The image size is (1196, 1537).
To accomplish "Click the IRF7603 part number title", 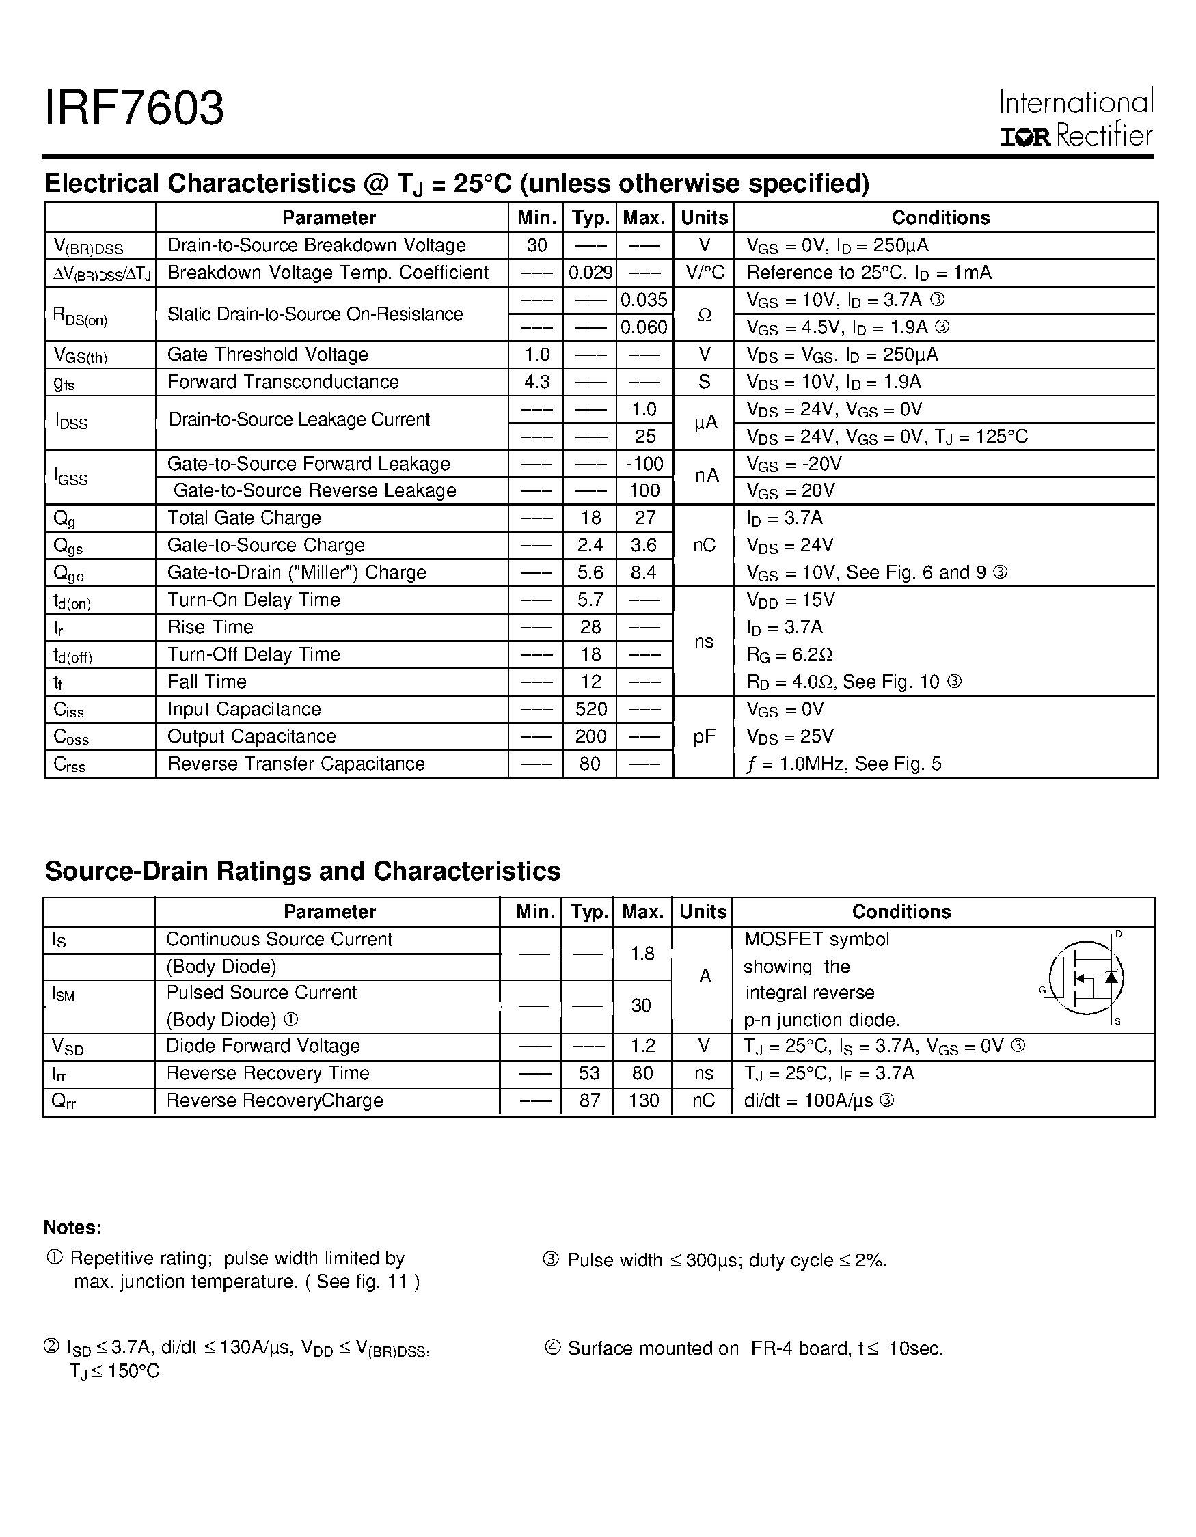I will click(135, 109).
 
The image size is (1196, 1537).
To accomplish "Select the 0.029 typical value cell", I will click(590, 273).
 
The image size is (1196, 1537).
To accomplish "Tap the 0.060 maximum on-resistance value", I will click(643, 327).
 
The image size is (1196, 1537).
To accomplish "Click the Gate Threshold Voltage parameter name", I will click(267, 355).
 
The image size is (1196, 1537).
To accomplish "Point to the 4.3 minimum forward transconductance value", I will click(536, 382).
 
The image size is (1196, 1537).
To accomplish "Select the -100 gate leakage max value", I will click(644, 464).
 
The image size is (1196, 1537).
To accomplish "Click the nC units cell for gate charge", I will click(703, 545).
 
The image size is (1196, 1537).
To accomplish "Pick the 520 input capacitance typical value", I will click(590, 709).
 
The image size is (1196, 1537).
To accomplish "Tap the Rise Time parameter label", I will click(210, 627).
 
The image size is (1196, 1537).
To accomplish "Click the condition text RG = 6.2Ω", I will click(789, 654).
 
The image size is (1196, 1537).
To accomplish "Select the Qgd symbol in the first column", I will click(69, 574).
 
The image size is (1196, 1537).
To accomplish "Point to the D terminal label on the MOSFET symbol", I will click(1119, 934).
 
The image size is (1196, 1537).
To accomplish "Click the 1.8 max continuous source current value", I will click(642, 954).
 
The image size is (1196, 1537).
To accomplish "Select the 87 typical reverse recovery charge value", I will click(589, 1100).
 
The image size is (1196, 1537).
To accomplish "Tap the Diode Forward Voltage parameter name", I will click(262, 1047).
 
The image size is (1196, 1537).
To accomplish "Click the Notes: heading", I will click(72, 1228).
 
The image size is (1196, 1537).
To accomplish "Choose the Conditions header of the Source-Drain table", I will click(901, 912).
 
